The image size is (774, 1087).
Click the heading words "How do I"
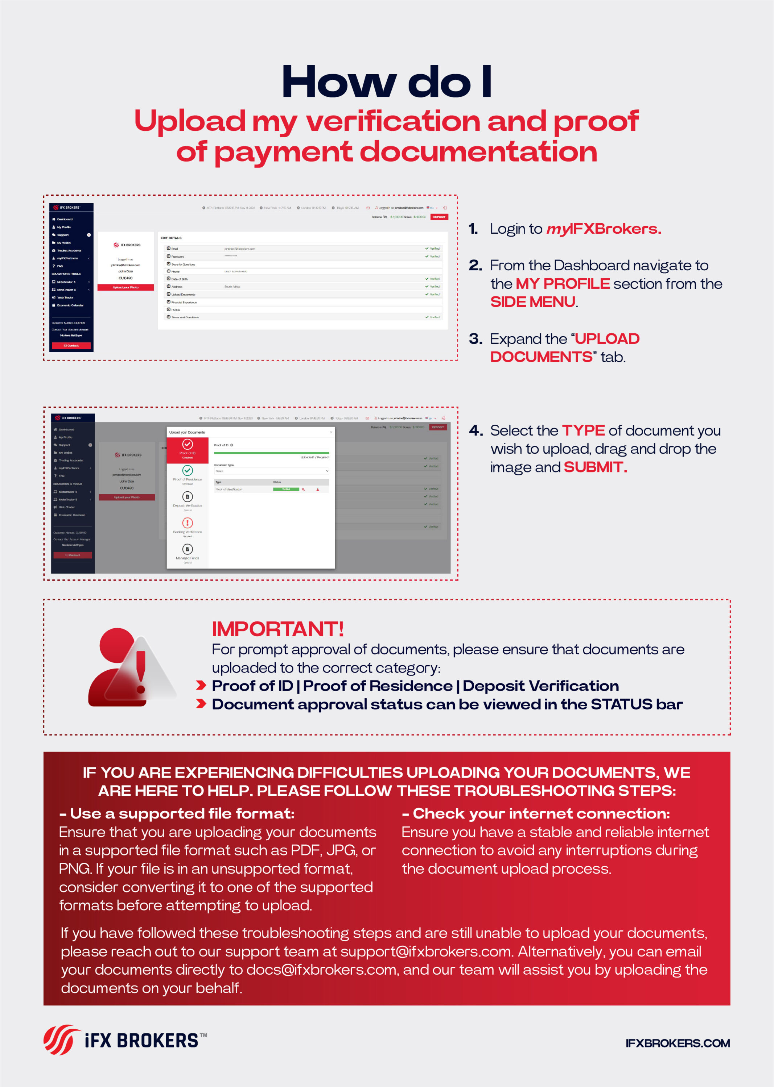[x=387, y=82]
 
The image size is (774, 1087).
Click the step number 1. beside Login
[x=473, y=229]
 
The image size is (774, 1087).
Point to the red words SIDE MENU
[x=532, y=302]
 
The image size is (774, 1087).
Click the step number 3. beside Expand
[x=475, y=339]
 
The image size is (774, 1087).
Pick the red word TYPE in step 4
[x=583, y=430]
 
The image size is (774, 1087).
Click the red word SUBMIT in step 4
[x=595, y=467]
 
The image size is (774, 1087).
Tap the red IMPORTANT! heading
[x=277, y=629]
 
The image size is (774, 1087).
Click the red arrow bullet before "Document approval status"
[x=201, y=704]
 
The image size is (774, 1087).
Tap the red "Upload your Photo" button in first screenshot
[x=126, y=288]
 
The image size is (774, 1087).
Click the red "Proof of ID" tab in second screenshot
[x=187, y=449]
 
